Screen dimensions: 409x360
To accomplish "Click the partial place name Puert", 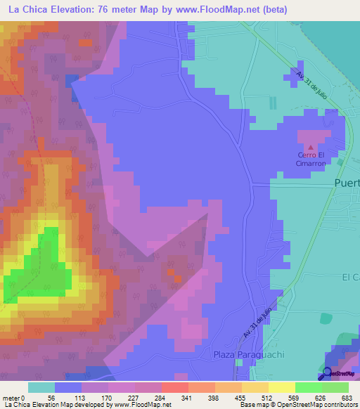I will pos(345,184).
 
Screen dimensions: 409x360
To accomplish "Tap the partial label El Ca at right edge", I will pos(350,277).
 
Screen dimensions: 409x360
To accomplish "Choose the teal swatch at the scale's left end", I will pos(41,387).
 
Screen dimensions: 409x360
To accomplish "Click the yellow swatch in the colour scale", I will pos(281,387).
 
